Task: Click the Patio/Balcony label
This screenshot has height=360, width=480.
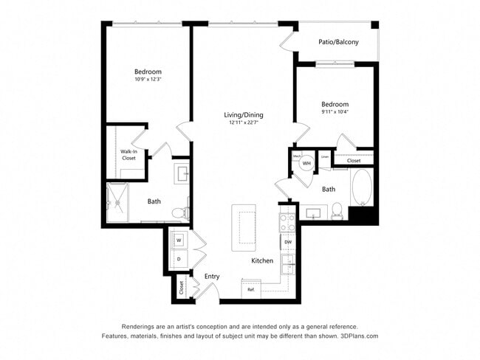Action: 338,42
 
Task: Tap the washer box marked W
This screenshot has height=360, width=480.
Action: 179,240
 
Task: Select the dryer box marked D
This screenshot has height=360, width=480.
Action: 179,259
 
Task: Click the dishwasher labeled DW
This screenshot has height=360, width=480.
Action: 288,242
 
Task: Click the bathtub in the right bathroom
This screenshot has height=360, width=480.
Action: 362,188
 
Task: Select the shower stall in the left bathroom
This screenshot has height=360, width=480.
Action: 118,203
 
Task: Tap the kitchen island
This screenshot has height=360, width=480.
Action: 244,227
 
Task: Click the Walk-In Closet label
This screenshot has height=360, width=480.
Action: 128,154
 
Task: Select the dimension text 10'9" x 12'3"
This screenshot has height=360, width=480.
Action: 148,80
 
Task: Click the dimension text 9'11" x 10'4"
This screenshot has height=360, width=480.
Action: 335,112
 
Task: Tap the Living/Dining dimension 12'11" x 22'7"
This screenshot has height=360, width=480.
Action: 244,123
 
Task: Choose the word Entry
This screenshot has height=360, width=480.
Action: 212,276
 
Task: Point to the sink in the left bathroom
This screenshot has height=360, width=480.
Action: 182,174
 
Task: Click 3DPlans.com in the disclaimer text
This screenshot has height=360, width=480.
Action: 358,336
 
